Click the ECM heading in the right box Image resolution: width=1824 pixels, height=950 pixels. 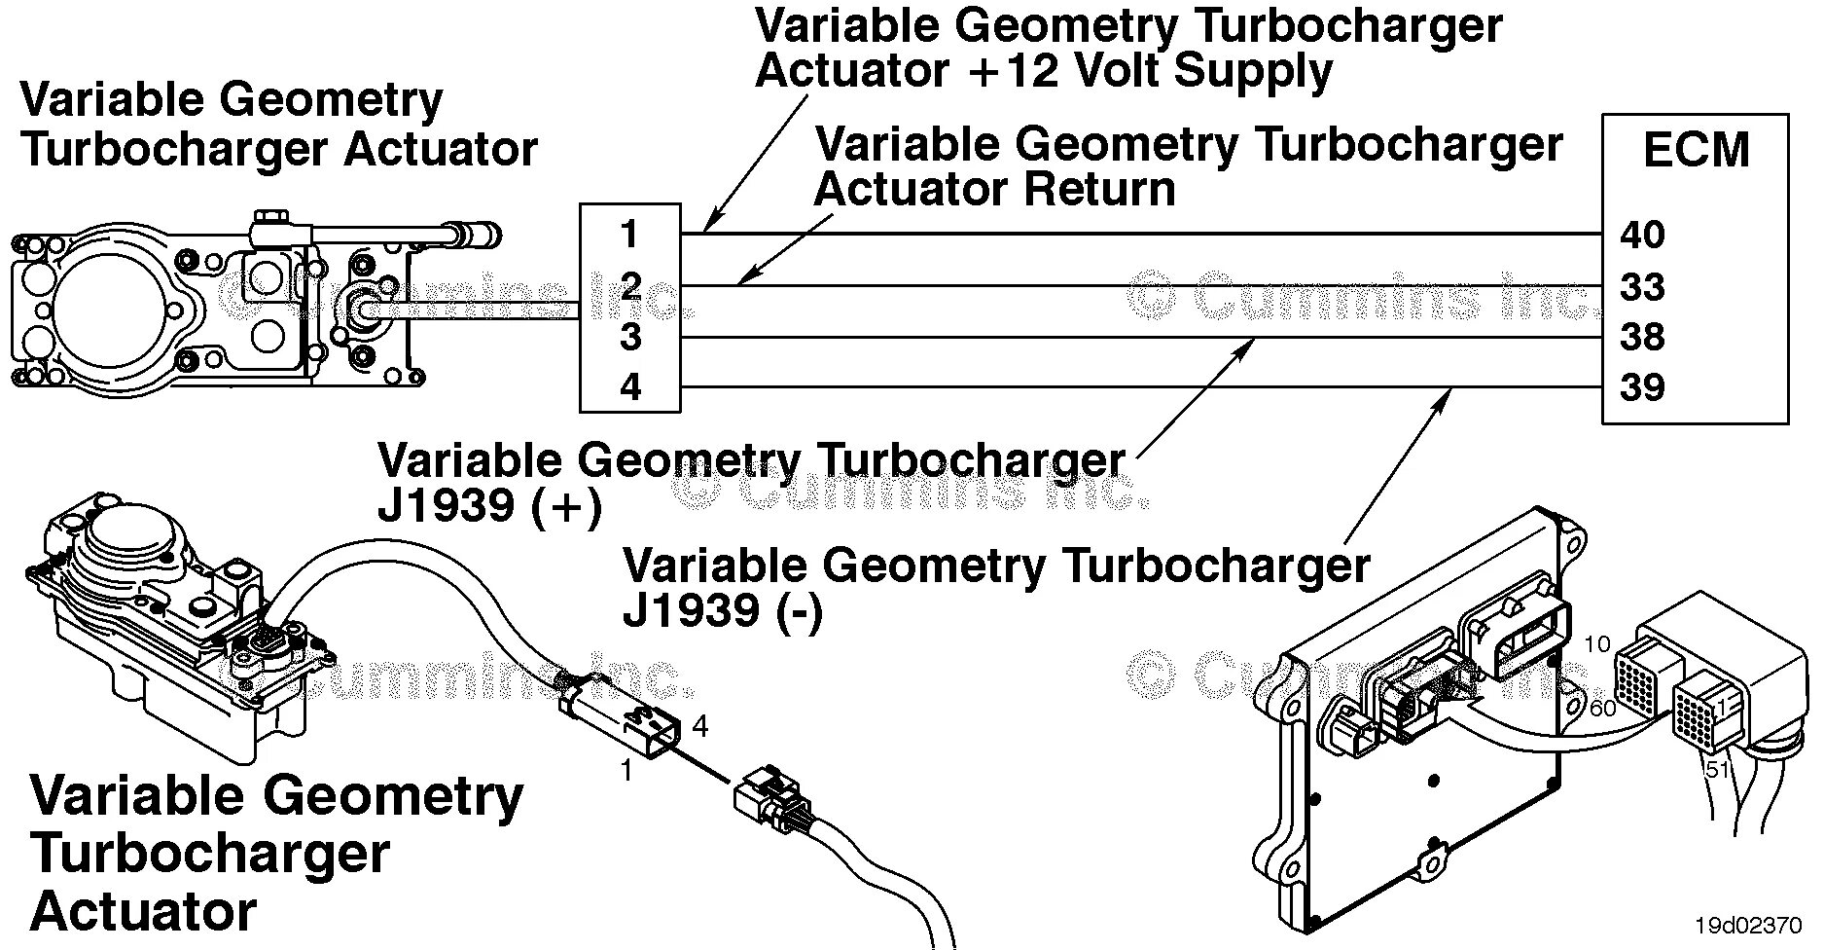pyautogui.click(x=1696, y=151)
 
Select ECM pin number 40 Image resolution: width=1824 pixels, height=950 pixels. pyautogui.click(x=1642, y=235)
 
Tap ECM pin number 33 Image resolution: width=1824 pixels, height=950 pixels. pyautogui.click(x=1642, y=287)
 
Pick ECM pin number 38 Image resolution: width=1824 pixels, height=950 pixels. pyautogui.click(x=1642, y=337)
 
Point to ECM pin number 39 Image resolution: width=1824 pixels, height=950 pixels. pyautogui.click(x=1642, y=387)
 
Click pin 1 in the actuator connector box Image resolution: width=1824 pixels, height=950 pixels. pyautogui.click(x=629, y=235)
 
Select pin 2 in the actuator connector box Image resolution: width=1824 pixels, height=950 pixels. pyautogui.click(x=630, y=286)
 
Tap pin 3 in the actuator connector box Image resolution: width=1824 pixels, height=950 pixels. pyautogui.click(x=630, y=337)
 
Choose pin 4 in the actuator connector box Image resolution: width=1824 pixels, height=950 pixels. pyautogui.click(x=630, y=387)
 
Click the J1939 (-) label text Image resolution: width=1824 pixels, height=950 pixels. pyautogui.click(x=723, y=611)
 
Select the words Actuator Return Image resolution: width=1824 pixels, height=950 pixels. pyautogui.click(x=994, y=189)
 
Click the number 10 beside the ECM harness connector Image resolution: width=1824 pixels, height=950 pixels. pyautogui.click(x=1597, y=644)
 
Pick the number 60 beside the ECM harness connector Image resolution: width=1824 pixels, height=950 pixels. pyautogui.click(x=1602, y=708)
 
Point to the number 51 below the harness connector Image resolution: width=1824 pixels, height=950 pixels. pyautogui.click(x=1717, y=769)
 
